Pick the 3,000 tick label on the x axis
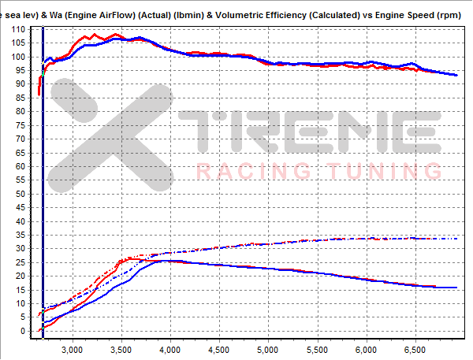pyautogui.click(x=72, y=347)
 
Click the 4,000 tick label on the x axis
pyautogui.click(x=169, y=347)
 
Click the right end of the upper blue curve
pyautogui.click(x=457, y=75)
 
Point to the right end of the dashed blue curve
pyautogui.click(x=457, y=239)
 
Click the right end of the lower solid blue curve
pyautogui.click(x=456, y=288)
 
